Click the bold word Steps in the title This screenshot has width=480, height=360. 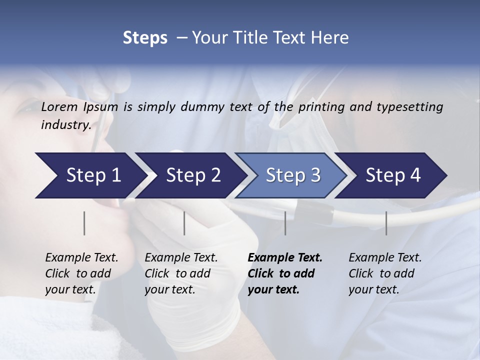coord(145,38)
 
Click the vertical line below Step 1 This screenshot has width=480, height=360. coord(84,223)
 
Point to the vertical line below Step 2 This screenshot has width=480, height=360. coord(184,223)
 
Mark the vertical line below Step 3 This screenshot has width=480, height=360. coord(285,223)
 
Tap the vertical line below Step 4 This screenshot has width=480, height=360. coord(386,223)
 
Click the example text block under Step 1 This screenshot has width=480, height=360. coord(81,273)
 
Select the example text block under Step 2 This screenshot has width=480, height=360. coord(181,273)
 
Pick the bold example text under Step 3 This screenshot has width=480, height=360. coord(285,273)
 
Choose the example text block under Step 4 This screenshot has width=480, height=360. coord(385,273)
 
